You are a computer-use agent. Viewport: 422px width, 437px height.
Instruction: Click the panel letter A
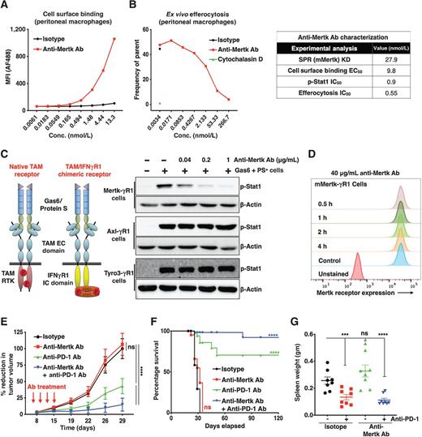tap(6, 7)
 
